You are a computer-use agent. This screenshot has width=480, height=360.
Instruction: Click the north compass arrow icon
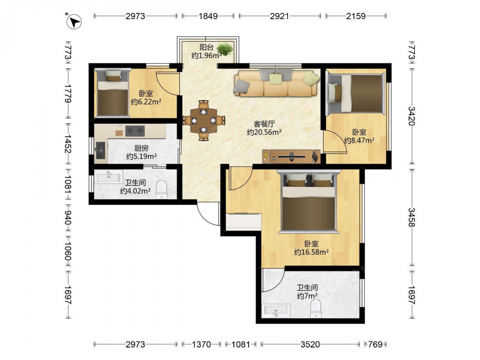74,22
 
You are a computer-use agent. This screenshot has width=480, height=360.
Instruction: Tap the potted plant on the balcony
225,49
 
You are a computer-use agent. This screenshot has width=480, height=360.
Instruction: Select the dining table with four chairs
204,120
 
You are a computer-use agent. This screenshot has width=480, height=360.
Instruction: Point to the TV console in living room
291,156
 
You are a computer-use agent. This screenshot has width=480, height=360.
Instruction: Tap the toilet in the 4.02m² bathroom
161,190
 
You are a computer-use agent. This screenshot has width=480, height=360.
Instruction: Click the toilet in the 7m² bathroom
315,309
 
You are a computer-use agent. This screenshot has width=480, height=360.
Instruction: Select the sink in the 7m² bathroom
276,311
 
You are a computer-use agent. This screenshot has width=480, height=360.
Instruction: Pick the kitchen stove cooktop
135,131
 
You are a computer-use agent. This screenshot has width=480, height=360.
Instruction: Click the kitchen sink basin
100,151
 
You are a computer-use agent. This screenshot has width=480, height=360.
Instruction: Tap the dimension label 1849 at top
208,16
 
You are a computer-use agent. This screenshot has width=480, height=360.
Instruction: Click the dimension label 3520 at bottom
310,344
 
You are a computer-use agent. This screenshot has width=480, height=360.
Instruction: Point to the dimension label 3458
411,217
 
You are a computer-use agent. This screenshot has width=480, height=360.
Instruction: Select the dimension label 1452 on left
68,144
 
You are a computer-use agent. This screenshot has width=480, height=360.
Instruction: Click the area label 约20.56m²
264,132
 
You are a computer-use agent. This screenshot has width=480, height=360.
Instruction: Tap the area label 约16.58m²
312,252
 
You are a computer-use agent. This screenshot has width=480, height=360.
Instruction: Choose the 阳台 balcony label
206,47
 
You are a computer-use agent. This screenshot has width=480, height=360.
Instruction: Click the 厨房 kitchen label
142,148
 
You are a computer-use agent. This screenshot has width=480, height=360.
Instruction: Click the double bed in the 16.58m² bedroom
309,202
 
